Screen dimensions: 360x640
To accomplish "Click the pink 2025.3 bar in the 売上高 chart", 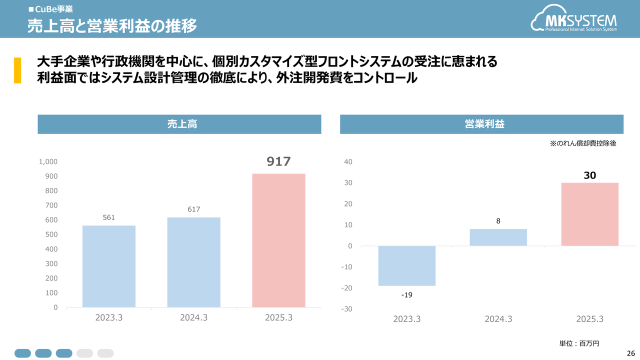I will click(278, 240).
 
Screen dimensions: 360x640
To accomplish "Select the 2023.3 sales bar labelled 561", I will click(109, 266).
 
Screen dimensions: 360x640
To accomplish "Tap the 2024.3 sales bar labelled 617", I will click(194, 262).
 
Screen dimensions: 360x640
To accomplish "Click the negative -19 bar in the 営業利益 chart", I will click(407, 265).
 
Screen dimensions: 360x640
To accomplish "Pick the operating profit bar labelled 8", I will click(498, 237).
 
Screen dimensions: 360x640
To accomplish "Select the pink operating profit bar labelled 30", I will click(590, 214).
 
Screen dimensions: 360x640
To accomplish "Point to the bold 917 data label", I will click(278, 161).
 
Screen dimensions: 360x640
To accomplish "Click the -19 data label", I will click(407, 295).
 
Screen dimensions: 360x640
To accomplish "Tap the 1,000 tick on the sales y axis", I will click(48, 162).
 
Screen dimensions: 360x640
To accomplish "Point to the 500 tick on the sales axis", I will click(52, 234).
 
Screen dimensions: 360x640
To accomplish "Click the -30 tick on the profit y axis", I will click(347, 309).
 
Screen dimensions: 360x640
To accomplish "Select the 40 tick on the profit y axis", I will click(348, 162).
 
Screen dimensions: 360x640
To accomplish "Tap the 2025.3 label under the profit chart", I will click(589, 319).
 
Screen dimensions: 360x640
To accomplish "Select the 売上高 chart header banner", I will click(179, 124).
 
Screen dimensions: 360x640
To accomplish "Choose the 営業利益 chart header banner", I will click(481, 124).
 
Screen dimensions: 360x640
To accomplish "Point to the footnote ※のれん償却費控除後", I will click(582, 143).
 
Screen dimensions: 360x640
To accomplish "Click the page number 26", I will click(630, 353).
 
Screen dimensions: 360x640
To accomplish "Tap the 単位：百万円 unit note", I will click(578, 343).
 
